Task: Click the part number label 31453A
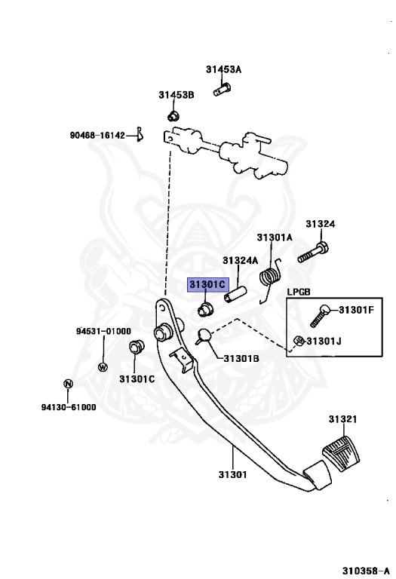223,69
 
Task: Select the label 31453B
176,95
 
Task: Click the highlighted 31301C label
207,284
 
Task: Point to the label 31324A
240,261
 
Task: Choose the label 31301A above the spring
274,237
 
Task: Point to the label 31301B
241,358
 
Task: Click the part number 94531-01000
103,331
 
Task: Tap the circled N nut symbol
68,384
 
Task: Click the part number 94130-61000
69,407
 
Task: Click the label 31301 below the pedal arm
232,473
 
